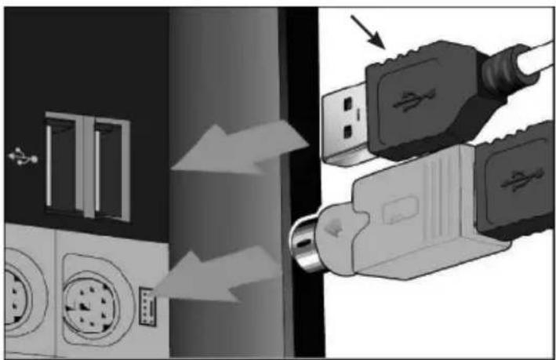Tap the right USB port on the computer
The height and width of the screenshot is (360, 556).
coord(107,166)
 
